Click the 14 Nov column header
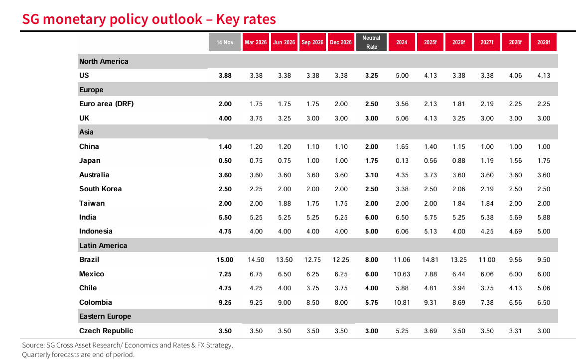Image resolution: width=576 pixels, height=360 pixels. (x=225, y=42)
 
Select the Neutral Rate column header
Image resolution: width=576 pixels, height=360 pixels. (x=371, y=42)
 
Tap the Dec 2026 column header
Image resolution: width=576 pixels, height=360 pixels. (x=341, y=42)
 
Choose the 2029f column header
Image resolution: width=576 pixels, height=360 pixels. (x=544, y=42)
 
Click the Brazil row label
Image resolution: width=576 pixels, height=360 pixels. (x=89, y=259)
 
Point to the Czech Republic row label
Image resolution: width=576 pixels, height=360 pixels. (x=106, y=331)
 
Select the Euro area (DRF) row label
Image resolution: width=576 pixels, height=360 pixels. (x=106, y=104)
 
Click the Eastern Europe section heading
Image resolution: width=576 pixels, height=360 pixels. (x=105, y=316)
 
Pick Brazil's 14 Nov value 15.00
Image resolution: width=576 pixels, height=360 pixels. (x=225, y=260)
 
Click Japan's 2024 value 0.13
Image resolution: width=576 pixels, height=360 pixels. (x=402, y=161)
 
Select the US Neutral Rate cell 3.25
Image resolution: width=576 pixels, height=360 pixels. (x=371, y=76)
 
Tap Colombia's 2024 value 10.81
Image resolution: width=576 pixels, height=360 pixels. (x=402, y=302)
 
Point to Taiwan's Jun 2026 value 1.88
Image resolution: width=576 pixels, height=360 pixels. (x=284, y=203)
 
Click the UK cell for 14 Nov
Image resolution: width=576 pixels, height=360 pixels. (x=225, y=119)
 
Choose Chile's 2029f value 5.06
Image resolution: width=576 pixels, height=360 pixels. (x=544, y=288)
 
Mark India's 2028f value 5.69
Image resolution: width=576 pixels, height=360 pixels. (x=515, y=218)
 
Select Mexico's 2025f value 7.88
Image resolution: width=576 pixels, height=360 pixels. (x=430, y=274)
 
